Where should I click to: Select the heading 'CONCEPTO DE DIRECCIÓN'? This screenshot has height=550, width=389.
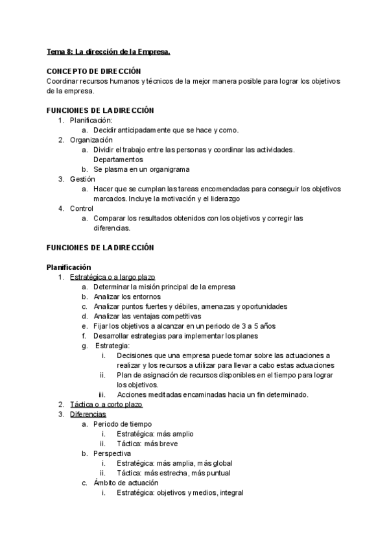(94, 71)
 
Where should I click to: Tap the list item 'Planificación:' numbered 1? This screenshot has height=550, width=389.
(91, 120)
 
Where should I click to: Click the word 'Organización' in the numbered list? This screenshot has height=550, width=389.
(91, 139)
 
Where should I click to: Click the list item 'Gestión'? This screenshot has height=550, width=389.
(82, 178)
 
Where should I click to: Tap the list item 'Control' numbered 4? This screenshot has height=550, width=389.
(82, 208)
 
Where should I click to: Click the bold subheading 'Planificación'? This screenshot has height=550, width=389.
(69, 267)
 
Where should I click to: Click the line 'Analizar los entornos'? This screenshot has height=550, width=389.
(127, 296)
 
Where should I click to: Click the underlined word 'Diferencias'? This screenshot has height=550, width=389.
(88, 414)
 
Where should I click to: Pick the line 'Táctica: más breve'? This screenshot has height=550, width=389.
(147, 444)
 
